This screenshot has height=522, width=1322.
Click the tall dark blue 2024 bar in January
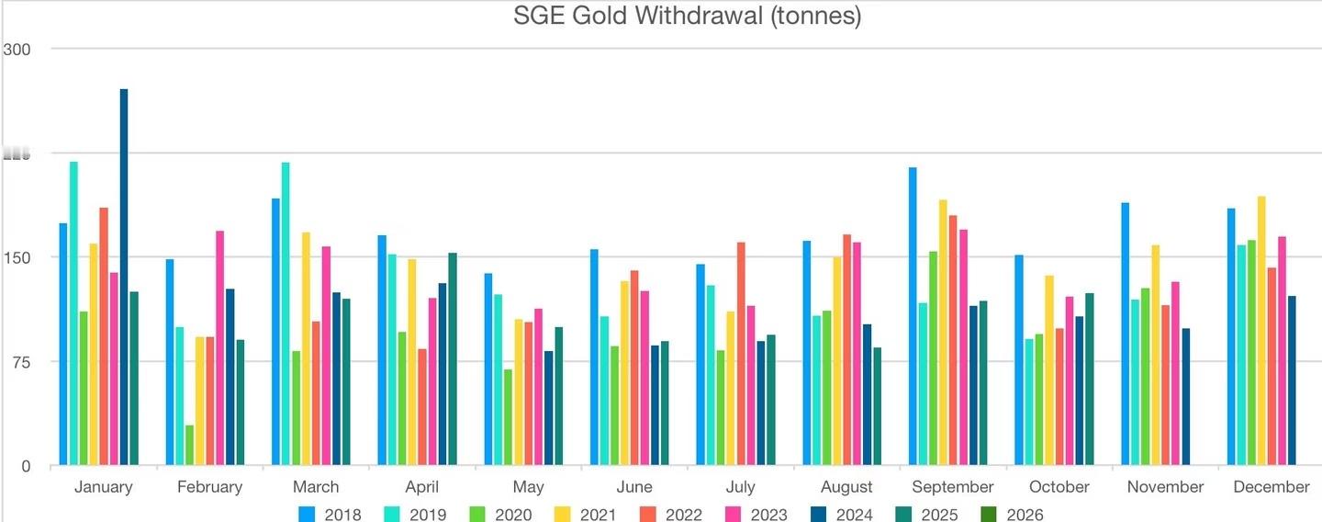tap(124, 276)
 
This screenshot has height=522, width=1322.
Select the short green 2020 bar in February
tap(190, 445)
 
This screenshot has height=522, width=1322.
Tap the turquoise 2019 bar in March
tap(286, 312)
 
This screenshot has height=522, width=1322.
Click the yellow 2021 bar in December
tap(1261, 330)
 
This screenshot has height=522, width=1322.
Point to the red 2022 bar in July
tap(741, 353)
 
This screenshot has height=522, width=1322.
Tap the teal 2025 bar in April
tap(453, 358)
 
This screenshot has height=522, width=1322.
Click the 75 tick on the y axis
tap(20, 361)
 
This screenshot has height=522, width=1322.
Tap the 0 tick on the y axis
tap(26, 466)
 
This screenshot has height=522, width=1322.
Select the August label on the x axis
tap(846, 487)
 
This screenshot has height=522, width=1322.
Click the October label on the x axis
tap(1059, 487)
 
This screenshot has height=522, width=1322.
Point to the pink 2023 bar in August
tap(857, 353)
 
